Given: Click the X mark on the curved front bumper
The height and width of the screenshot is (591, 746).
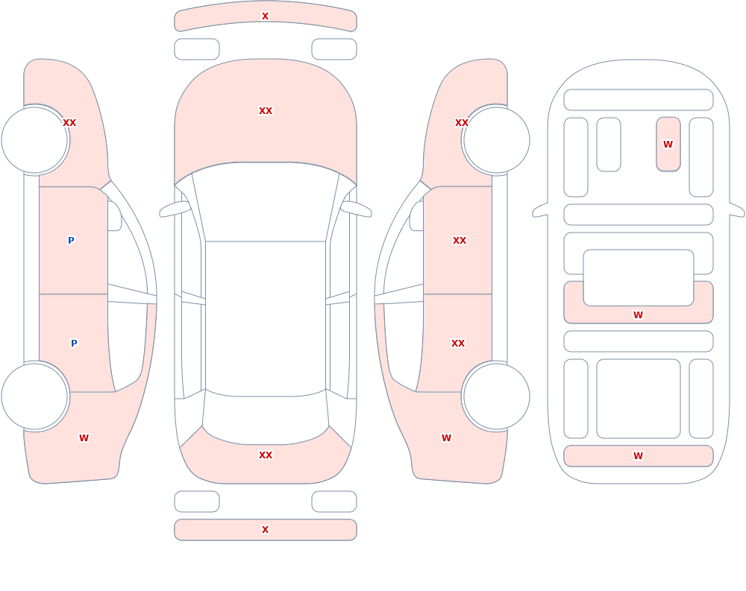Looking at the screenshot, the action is [x=266, y=16].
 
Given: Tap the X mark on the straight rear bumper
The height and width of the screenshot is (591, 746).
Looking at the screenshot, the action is [x=266, y=530].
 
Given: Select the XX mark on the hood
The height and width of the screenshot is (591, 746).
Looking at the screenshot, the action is [x=266, y=111].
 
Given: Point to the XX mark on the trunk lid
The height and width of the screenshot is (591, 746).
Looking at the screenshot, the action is [x=266, y=455].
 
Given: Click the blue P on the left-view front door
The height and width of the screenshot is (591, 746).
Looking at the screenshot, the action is [x=71, y=241].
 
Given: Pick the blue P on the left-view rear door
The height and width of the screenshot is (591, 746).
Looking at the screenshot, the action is [x=74, y=344].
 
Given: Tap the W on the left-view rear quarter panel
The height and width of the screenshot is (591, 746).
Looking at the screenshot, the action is [x=84, y=438].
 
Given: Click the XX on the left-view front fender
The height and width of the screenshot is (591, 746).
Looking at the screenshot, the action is [x=69, y=123].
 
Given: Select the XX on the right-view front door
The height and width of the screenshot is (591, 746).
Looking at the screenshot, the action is [x=460, y=241].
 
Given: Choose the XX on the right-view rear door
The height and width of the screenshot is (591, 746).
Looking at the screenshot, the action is [x=458, y=344].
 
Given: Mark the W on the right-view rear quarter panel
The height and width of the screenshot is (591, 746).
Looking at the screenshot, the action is [x=446, y=438].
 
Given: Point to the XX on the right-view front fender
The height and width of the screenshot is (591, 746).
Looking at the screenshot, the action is [x=462, y=123].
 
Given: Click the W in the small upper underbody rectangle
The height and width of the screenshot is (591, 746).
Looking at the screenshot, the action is [x=668, y=144].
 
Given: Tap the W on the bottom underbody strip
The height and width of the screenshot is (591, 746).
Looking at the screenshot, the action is [x=638, y=456].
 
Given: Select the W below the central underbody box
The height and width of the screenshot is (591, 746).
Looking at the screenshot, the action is [x=638, y=315].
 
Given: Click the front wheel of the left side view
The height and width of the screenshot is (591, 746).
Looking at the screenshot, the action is [x=35, y=140].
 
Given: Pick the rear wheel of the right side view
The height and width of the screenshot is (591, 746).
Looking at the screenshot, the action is [x=496, y=396].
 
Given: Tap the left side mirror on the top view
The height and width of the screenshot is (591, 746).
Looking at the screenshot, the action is [x=175, y=209].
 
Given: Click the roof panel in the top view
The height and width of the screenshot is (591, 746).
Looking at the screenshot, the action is [x=266, y=318].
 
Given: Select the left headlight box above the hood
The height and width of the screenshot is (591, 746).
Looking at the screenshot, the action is [x=197, y=49].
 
